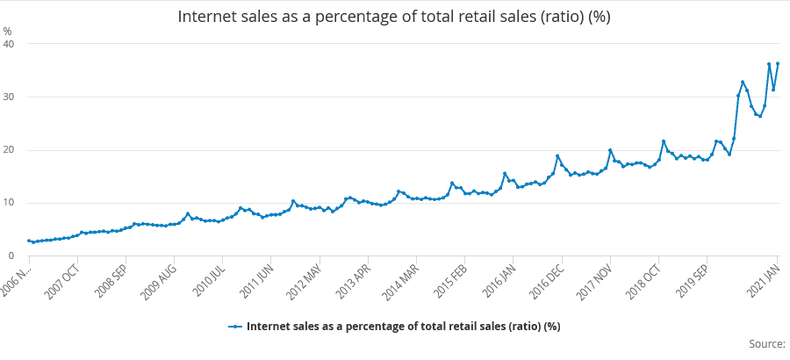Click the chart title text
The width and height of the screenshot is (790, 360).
click(x=394, y=17)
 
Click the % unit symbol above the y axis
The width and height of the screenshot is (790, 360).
click(x=8, y=31)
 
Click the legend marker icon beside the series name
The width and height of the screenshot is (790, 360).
click(x=235, y=327)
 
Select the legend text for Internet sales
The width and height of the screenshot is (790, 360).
click(x=404, y=327)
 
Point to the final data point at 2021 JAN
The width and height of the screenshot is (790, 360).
click(x=778, y=63)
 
